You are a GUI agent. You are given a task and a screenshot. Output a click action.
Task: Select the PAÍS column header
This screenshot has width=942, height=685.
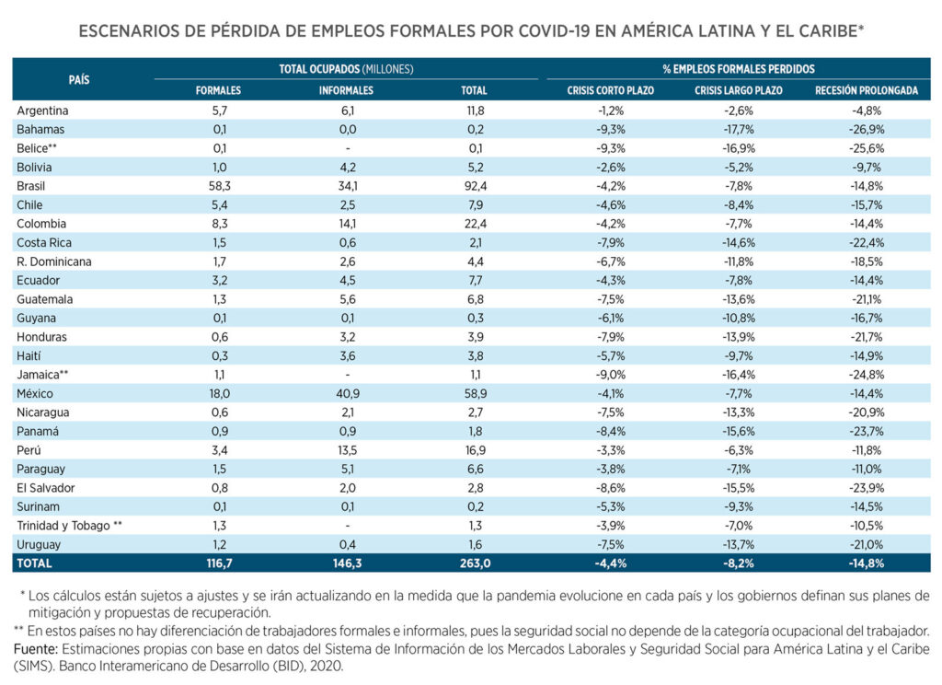[x=79, y=80]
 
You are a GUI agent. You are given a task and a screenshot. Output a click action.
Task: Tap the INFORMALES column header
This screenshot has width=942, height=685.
[x=346, y=91]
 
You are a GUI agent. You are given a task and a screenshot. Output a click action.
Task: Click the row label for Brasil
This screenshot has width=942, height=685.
[x=32, y=186]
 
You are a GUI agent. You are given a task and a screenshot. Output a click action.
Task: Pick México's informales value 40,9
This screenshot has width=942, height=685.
[x=346, y=393]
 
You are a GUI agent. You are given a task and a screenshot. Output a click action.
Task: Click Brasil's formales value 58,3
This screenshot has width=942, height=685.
[x=218, y=186]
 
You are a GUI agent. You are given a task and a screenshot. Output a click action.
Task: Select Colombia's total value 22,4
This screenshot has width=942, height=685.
[x=474, y=224]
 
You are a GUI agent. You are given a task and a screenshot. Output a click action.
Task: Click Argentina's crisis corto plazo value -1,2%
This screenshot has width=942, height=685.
[x=611, y=110]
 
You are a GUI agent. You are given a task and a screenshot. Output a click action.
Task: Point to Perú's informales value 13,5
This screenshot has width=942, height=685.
[x=346, y=450]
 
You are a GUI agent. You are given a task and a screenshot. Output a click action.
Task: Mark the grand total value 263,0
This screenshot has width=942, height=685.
[x=474, y=563]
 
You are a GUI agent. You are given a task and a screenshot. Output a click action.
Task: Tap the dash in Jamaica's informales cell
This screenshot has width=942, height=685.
[x=346, y=375]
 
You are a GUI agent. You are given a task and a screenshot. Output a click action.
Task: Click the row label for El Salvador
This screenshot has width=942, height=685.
[x=46, y=488]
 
